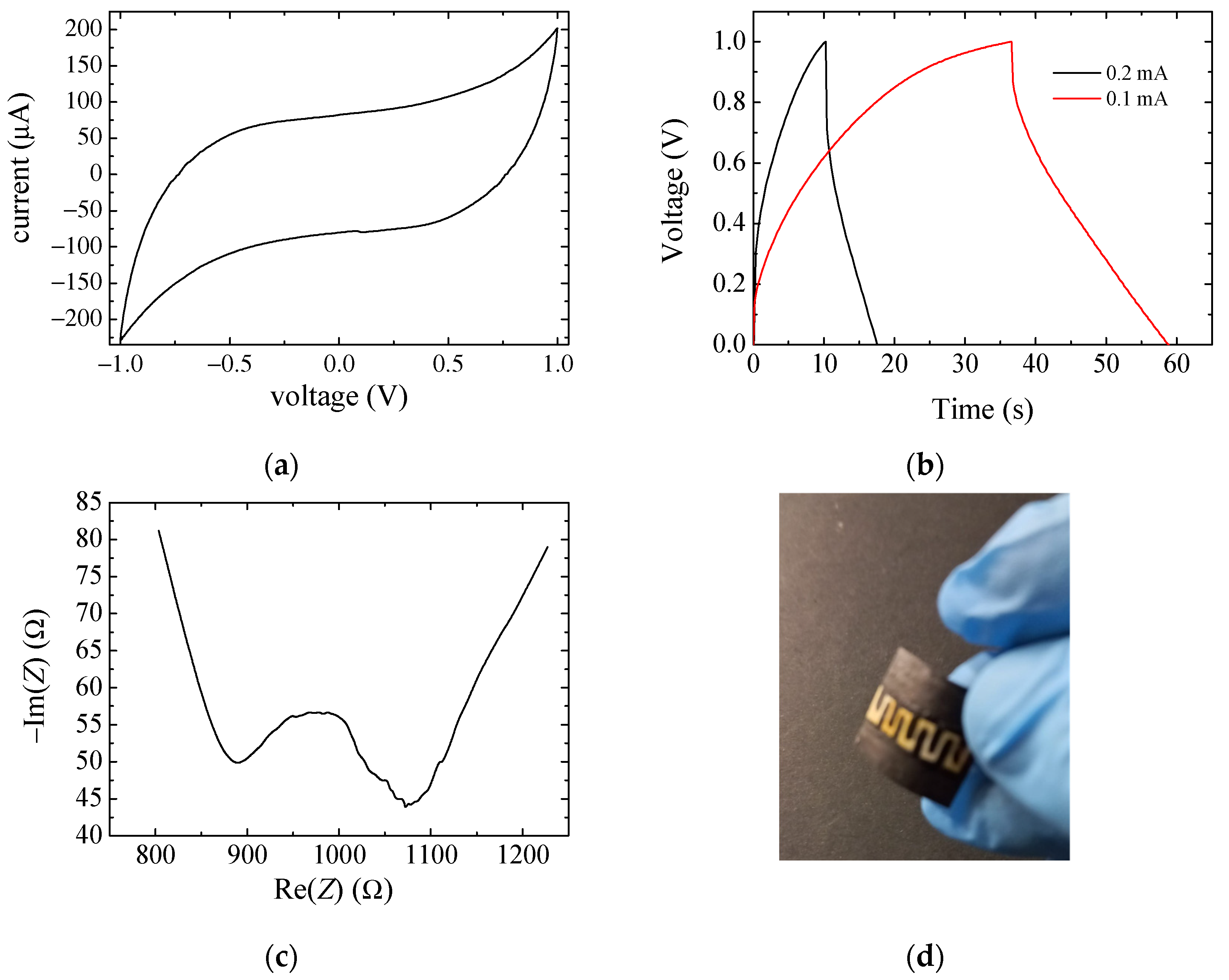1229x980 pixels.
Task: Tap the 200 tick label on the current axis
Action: pyautogui.click(x=83, y=29)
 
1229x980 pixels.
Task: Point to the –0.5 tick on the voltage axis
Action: pyautogui.click(x=229, y=364)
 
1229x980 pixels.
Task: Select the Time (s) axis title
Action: pyautogui.click(x=982, y=409)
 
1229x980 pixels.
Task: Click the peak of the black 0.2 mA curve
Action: pyautogui.click(x=825, y=42)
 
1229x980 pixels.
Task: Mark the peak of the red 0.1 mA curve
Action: pyautogui.click(x=1011, y=42)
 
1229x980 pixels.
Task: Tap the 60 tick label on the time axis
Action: pyautogui.click(x=1176, y=364)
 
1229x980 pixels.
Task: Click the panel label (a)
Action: pyautogui.click(x=281, y=466)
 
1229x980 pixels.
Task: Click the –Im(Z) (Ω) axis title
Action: pyautogui.click(x=35, y=676)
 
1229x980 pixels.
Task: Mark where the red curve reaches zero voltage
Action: pyautogui.click(x=1167, y=344)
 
